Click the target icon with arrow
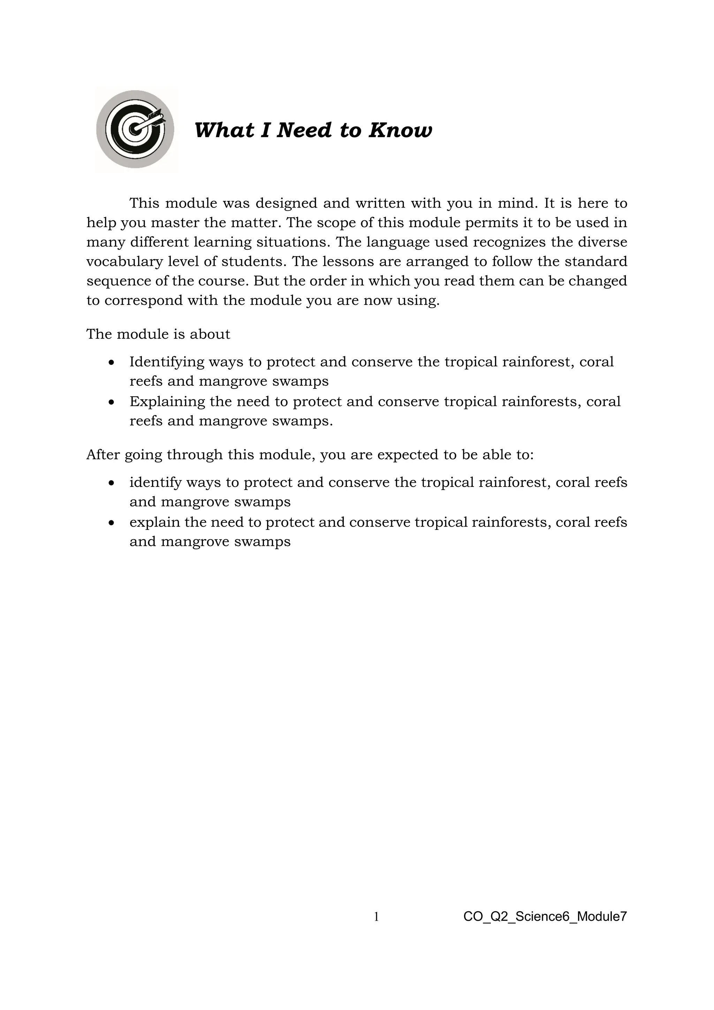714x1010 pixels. click(x=135, y=129)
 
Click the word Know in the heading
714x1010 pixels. click(x=400, y=130)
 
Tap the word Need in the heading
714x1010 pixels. click(x=304, y=130)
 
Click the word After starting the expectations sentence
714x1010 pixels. click(x=103, y=454)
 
